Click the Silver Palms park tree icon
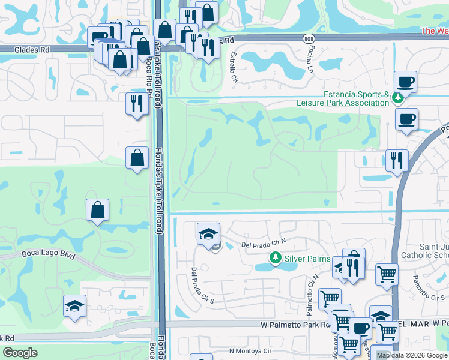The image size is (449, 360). click(275, 258)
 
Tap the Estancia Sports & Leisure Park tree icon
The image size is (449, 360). click(397, 97)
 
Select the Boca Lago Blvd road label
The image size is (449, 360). click(49, 255)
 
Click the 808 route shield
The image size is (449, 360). click(309, 38)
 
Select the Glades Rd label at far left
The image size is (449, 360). click(19, 50)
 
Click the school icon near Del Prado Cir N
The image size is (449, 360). click(208, 233)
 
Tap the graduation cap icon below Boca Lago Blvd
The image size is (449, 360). click(75, 305)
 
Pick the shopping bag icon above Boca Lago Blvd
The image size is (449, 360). click(97, 210)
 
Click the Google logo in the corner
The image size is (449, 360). click(20, 353)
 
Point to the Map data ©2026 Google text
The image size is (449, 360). click(412, 355)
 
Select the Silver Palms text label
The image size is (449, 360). click(307, 258)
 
